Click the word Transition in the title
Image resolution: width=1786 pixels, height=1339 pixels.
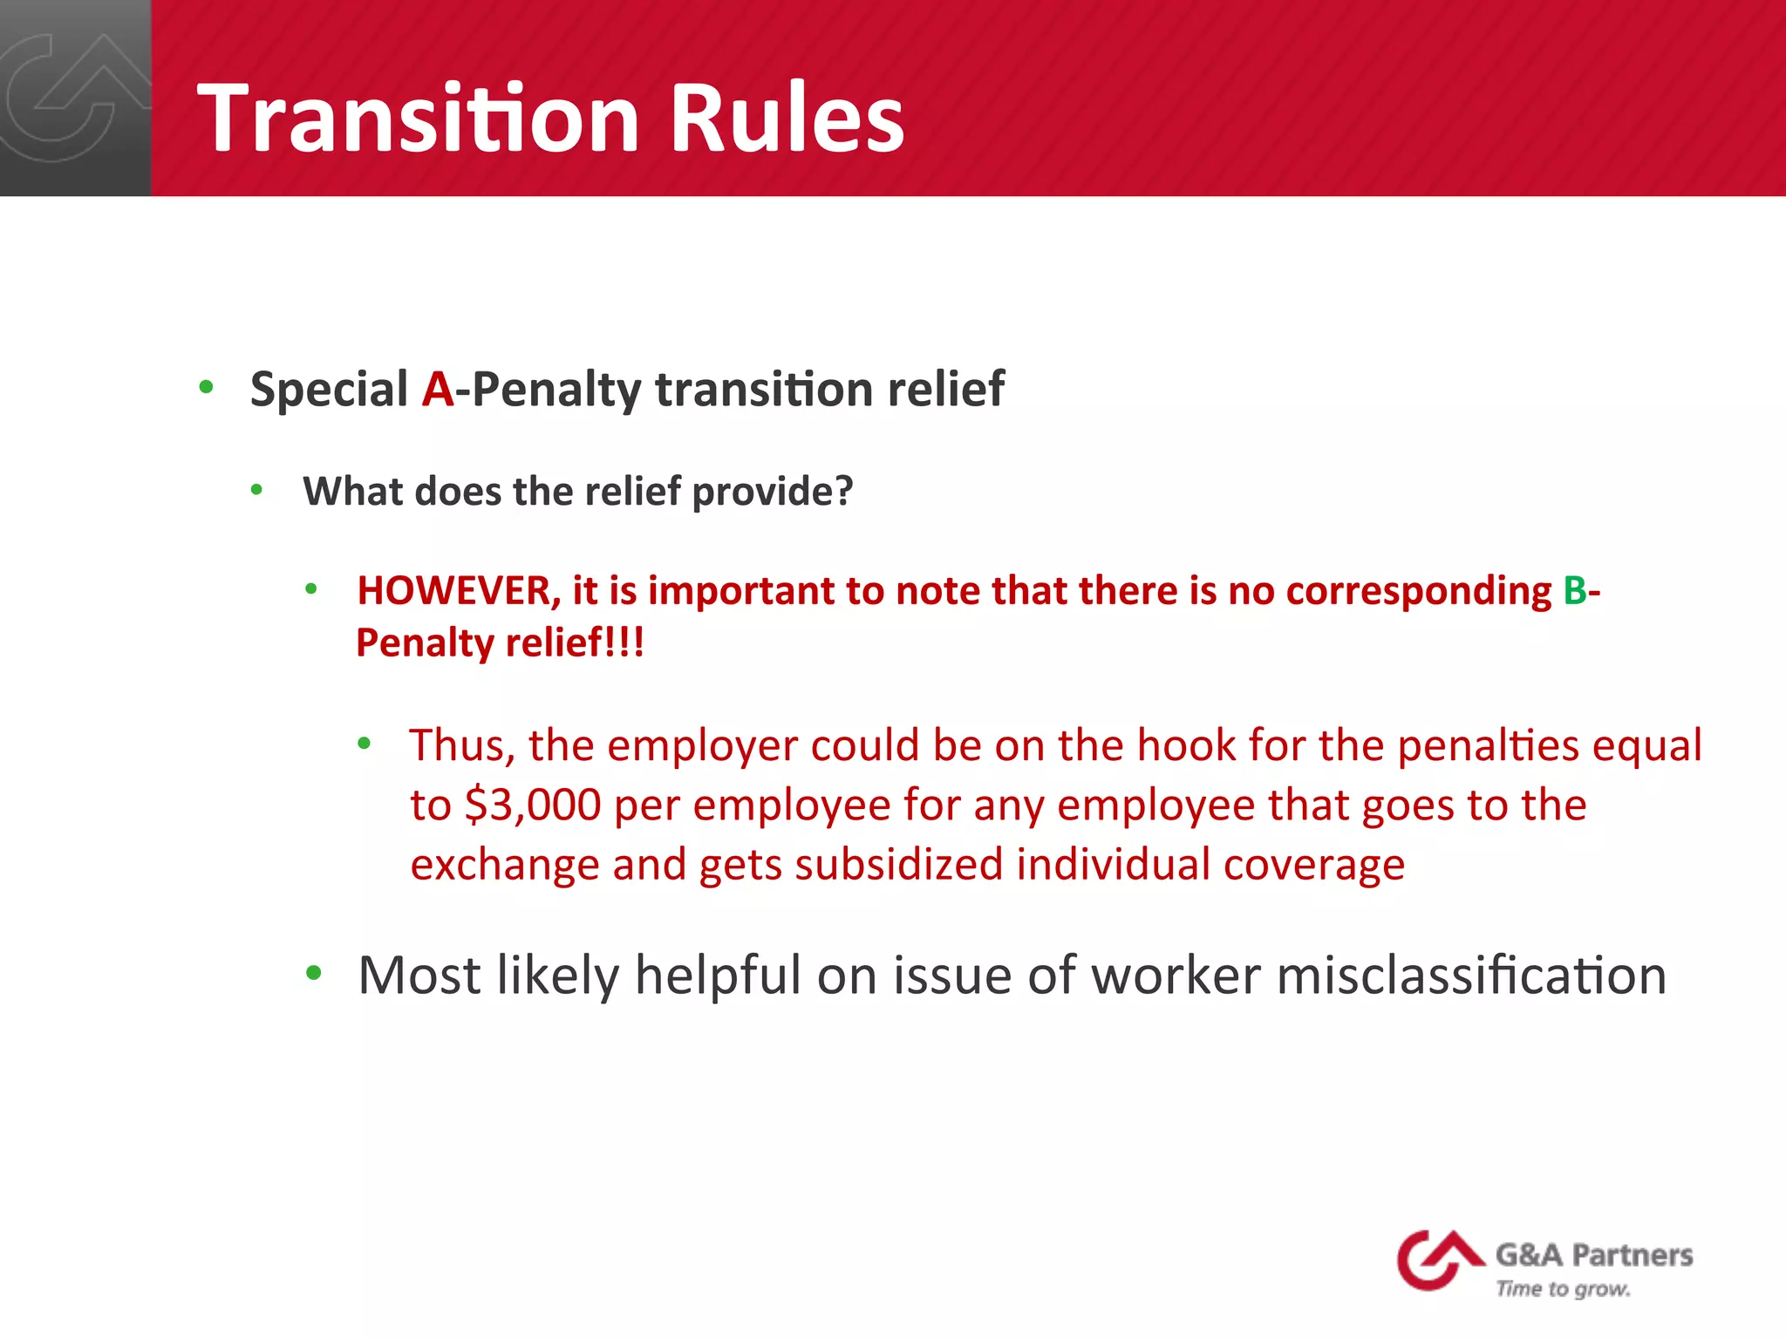point(419,118)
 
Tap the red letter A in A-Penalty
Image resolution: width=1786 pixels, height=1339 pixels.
point(438,389)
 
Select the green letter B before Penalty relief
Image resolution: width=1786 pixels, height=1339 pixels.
point(1575,590)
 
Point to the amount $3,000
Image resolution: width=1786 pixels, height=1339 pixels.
point(533,805)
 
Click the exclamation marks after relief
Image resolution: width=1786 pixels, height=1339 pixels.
point(627,643)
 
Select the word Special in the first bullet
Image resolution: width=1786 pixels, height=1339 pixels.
point(329,389)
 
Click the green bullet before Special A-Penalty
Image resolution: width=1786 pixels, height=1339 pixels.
point(206,386)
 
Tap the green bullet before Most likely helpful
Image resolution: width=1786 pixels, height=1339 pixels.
point(314,973)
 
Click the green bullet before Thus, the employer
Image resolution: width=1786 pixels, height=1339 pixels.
point(365,744)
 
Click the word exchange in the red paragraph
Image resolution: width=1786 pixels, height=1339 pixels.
point(504,865)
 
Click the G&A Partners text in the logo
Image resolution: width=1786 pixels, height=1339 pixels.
point(1593,1255)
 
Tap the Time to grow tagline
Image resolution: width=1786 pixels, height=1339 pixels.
point(1563,1288)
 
